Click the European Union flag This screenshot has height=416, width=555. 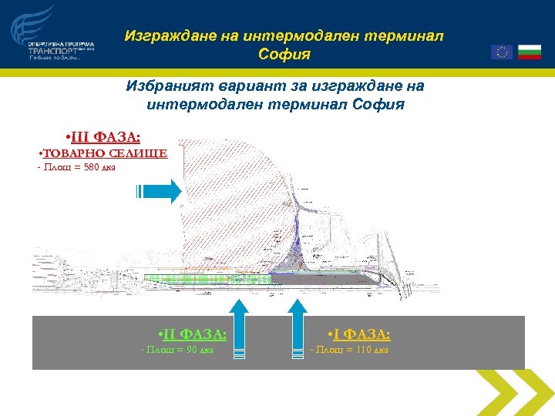point(502,52)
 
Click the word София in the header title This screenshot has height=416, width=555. point(284,55)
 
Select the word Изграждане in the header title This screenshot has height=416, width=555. point(163,36)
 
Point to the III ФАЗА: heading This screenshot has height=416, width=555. point(104,137)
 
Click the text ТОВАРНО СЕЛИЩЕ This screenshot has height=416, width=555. point(103,153)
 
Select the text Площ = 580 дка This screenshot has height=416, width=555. point(77,168)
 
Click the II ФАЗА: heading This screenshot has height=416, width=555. point(191,334)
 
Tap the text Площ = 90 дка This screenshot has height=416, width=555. point(177,351)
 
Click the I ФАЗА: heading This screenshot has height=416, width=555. point(358,334)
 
